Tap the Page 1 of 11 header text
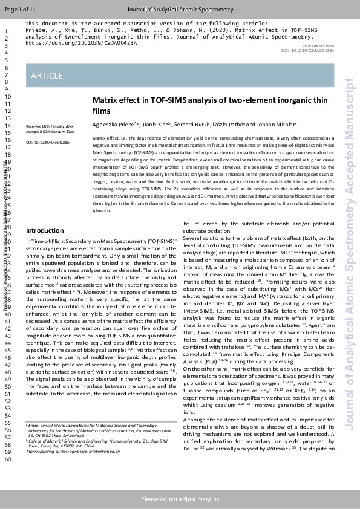pos(20,10)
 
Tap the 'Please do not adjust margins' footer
pos(180,499)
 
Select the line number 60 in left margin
pos(8,459)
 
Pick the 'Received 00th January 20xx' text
pos(50,126)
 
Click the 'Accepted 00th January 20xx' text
pos(50,131)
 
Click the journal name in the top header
pos(180,10)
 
